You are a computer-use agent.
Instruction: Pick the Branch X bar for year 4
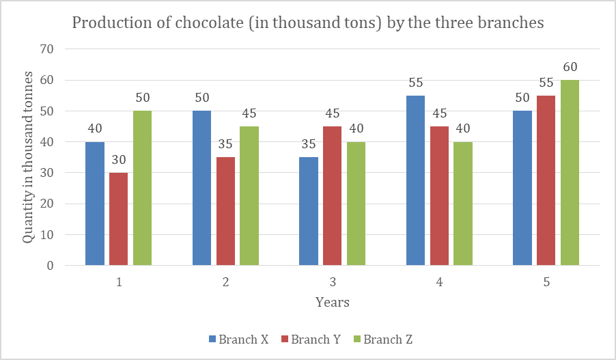[415, 180]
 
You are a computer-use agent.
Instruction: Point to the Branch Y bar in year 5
[546, 180]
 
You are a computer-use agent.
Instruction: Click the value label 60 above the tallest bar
[570, 68]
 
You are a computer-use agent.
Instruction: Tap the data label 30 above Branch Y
[118, 160]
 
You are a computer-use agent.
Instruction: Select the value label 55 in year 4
[415, 83]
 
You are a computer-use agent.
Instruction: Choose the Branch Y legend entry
[311, 340]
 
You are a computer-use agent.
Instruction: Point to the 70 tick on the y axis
[47, 49]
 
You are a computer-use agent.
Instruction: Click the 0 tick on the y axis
[51, 266]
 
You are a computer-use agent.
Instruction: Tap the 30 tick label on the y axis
[47, 173]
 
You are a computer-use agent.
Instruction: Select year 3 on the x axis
[333, 281]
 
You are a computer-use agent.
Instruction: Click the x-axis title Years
[333, 302]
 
